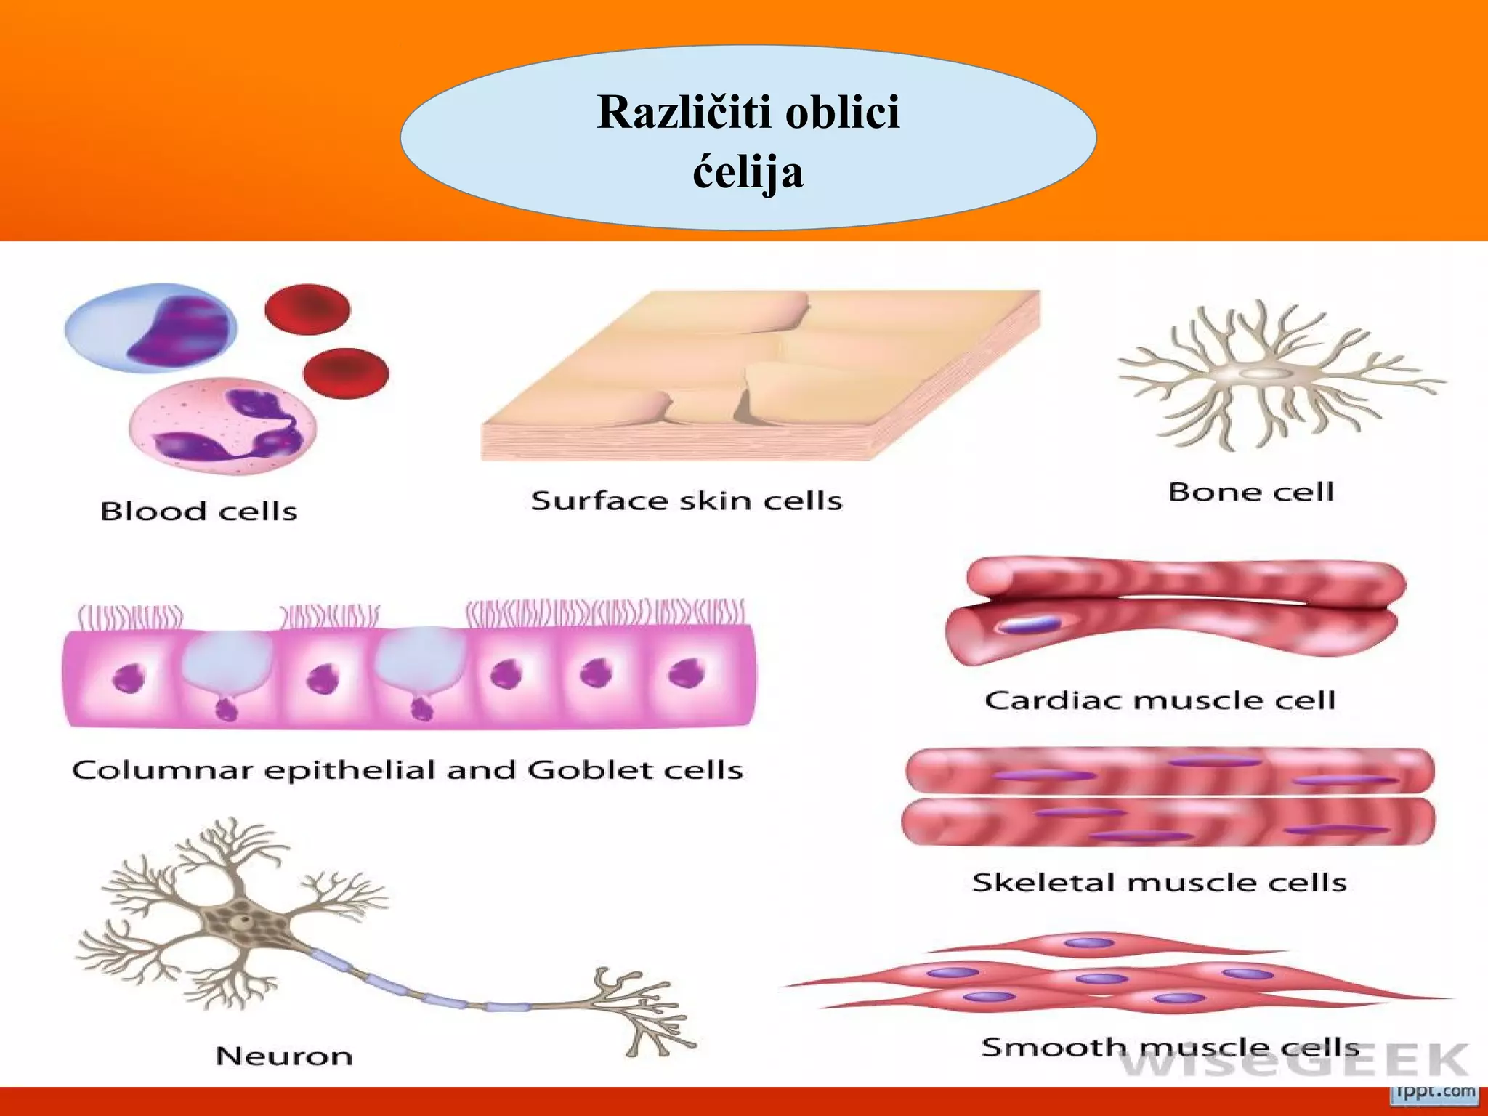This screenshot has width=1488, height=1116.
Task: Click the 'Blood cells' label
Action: (198, 511)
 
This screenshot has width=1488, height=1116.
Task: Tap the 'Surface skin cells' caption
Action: (687, 501)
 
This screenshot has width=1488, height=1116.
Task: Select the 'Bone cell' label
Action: (1250, 493)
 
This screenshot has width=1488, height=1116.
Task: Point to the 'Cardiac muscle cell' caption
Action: (1160, 700)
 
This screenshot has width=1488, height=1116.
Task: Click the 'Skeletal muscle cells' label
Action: (1159, 883)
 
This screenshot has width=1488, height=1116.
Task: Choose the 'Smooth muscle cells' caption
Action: (1170, 1047)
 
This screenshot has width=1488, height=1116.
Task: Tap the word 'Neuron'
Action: (284, 1056)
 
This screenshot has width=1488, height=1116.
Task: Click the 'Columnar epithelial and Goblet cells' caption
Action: (407, 770)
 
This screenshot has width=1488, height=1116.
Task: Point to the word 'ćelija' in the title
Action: (748, 172)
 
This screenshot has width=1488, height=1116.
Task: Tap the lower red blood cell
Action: (346, 373)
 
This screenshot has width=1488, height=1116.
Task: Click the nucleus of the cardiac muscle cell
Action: (1027, 625)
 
